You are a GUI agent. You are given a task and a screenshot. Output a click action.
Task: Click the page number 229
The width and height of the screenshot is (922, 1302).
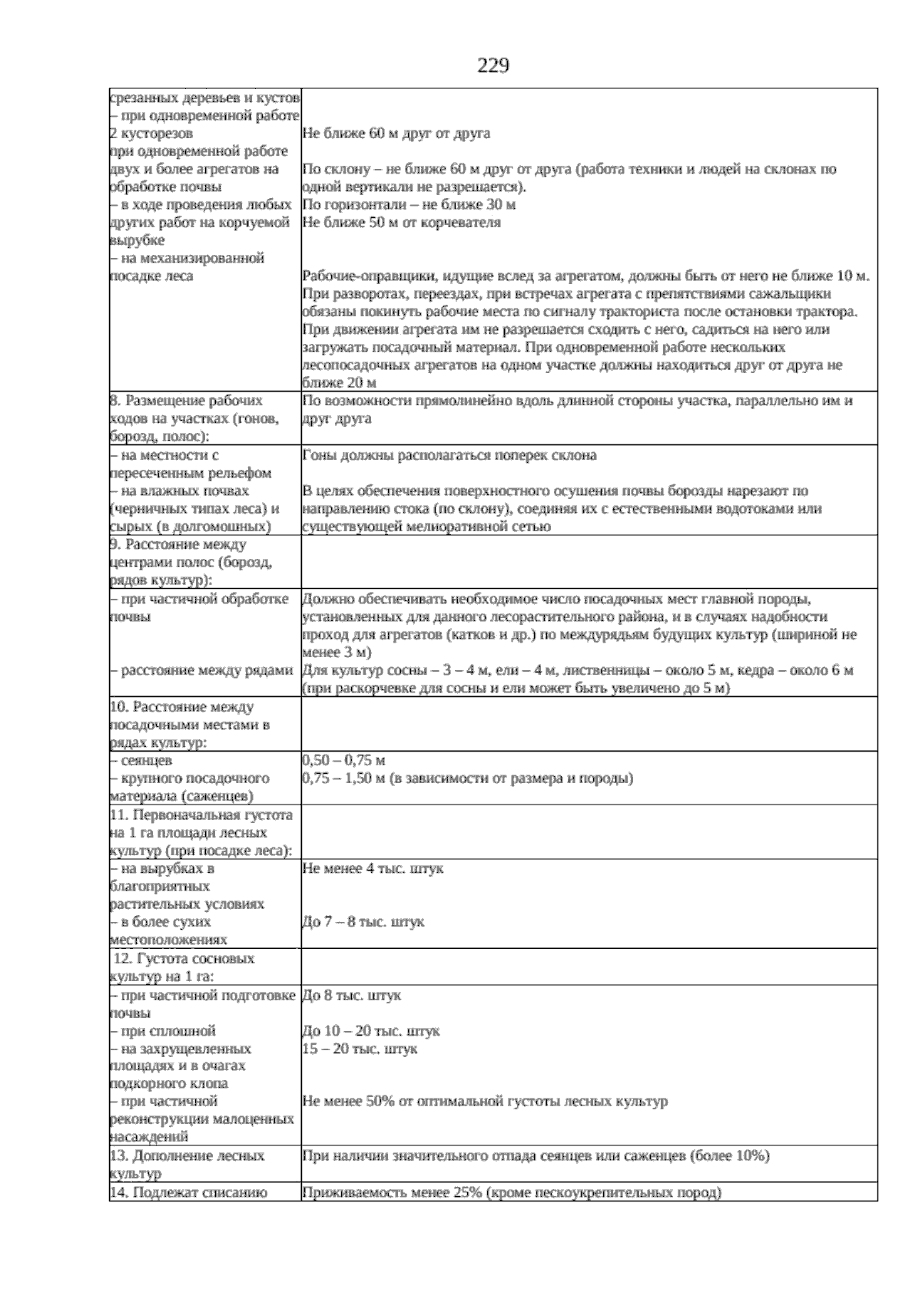click(x=493, y=67)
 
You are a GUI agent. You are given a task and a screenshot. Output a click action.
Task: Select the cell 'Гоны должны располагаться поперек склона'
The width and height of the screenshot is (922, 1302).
click(x=449, y=455)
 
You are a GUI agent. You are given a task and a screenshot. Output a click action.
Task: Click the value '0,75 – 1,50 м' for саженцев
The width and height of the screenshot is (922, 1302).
click(x=467, y=778)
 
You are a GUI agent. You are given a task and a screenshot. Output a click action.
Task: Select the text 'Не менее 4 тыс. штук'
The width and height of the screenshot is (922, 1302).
click(x=373, y=868)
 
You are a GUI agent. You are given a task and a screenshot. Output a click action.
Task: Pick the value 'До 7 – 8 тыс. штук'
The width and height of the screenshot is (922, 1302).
click(x=363, y=922)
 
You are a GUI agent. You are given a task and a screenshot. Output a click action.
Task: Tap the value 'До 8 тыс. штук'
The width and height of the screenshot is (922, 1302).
click(x=352, y=996)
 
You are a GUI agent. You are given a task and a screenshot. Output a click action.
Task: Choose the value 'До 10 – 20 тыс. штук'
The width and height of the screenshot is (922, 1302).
click(x=371, y=1031)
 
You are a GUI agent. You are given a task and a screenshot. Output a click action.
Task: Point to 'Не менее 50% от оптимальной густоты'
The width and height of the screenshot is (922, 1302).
click(x=485, y=1102)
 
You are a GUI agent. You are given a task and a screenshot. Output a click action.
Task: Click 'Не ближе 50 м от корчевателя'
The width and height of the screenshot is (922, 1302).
click(x=401, y=223)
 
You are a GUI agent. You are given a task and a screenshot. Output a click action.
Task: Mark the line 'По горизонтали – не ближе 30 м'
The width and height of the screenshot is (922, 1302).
click(x=409, y=205)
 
